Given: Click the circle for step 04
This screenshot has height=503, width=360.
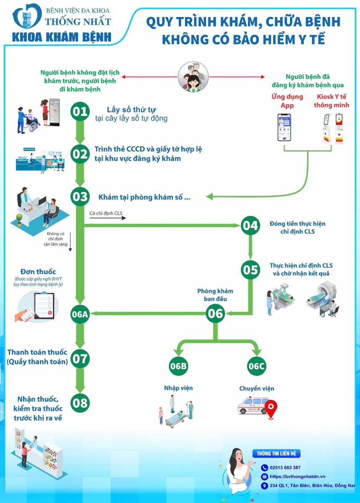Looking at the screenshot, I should tap(250, 226).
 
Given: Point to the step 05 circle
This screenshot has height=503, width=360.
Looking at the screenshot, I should tap(250, 270).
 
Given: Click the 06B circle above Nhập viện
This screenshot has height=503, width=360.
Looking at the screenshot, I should tap(178, 366).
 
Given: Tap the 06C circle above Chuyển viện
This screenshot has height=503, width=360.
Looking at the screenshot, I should tap(256, 366).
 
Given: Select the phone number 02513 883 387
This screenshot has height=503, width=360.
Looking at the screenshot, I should tap(285, 467).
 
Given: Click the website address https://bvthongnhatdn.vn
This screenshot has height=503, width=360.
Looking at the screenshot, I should tap(298, 477).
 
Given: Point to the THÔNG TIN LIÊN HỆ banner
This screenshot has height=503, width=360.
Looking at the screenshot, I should tap(276, 454).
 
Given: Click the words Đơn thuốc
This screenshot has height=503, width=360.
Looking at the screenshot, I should tap(38, 272).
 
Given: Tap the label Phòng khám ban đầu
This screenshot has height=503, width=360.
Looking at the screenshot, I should tap(215, 295).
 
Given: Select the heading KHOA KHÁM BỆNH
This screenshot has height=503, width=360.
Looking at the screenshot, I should tap(62, 36).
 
